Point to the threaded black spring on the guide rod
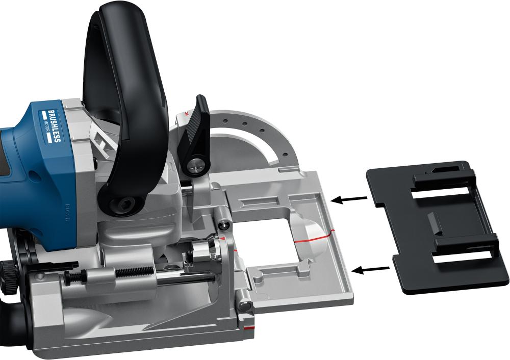134,272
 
